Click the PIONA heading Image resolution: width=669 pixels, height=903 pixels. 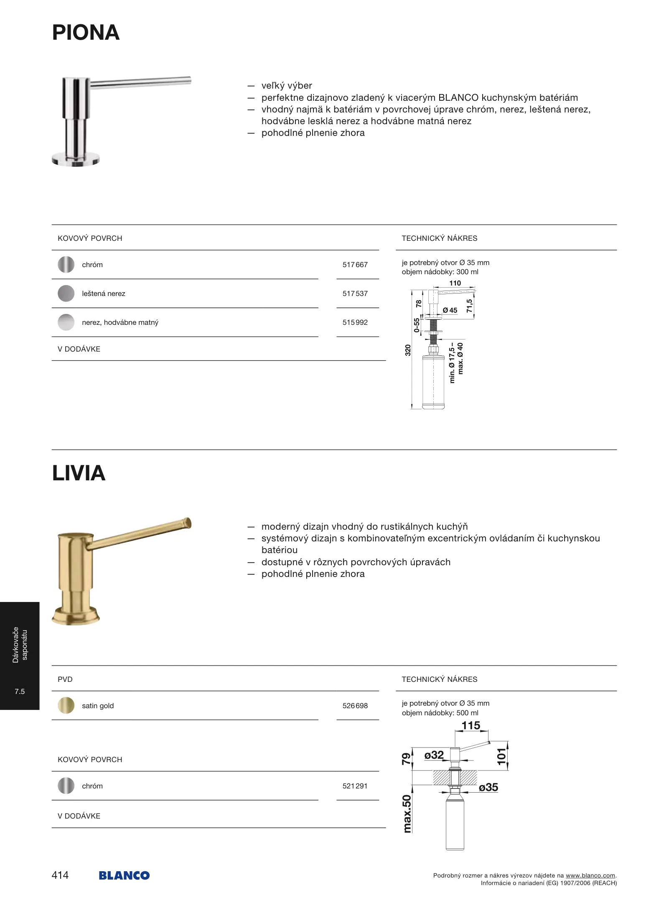click(x=86, y=33)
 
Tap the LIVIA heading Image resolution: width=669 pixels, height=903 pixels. click(x=79, y=473)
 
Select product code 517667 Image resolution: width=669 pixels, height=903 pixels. click(x=355, y=265)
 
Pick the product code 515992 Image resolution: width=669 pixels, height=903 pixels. click(x=355, y=322)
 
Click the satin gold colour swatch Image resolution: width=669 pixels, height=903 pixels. click(x=66, y=706)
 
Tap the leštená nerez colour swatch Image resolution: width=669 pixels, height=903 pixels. click(x=66, y=293)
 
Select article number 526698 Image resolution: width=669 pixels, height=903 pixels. click(x=355, y=706)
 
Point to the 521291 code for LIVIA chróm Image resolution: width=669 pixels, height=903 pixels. click(x=355, y=786)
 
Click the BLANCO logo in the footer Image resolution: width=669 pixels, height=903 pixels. click(x=124, y=875)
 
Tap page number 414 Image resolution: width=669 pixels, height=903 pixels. click(x=60, y=875)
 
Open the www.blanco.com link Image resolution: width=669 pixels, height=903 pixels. click(x=590, y=875)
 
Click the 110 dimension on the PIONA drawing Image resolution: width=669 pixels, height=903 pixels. click(x=455, y=283)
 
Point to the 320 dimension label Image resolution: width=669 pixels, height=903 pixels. click(x=408, y=350)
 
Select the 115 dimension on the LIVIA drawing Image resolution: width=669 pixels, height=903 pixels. click(x=471, y=726)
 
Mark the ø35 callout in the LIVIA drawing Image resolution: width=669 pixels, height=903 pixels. click(x=488, y=788)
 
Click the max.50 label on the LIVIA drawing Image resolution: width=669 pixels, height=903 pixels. click(x=407, y=814)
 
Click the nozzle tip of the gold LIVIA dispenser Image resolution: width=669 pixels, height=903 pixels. click(x=188, y=523)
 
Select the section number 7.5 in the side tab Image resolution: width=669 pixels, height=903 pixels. click(x=20, y=691)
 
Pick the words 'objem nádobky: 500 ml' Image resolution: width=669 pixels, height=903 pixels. click(x=440, y=713)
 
